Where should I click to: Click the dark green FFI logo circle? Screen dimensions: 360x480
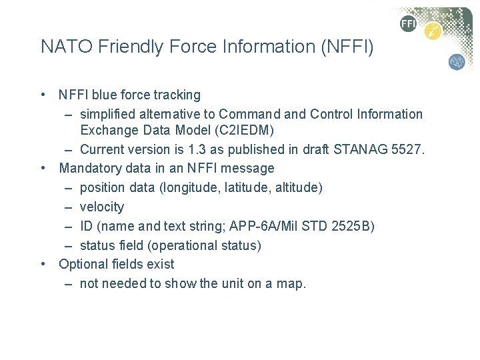pyautogui.click(x=408, y=25)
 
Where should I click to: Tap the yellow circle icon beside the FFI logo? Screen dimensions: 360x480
pyautogui.click(x=433, y=31)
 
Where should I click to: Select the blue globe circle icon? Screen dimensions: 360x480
pyautogui.click(x=457, y=62)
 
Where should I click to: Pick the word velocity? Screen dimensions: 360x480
pyautogui.click(x=101, y=207)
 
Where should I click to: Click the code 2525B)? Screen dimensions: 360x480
pyautogui.click(x=353, y=226)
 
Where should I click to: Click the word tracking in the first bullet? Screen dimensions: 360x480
pyautogui.click(x=176, y=95)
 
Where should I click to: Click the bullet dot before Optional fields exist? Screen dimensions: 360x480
pyautogui.click(x=43, y=265)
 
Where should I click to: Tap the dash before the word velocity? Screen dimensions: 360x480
pyautogui.click(x=69, y=207)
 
